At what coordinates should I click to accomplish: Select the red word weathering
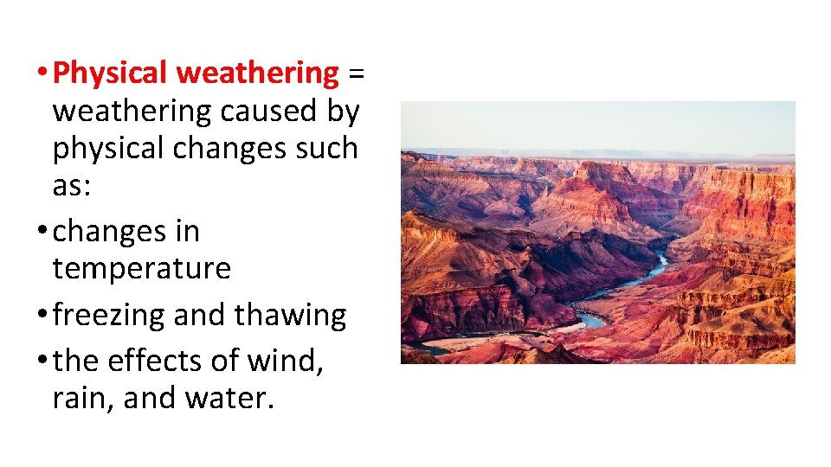[257, 74]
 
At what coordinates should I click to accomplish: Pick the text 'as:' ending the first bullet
[71, 185]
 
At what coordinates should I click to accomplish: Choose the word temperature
[142, 269]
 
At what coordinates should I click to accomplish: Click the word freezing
[109, 316]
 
